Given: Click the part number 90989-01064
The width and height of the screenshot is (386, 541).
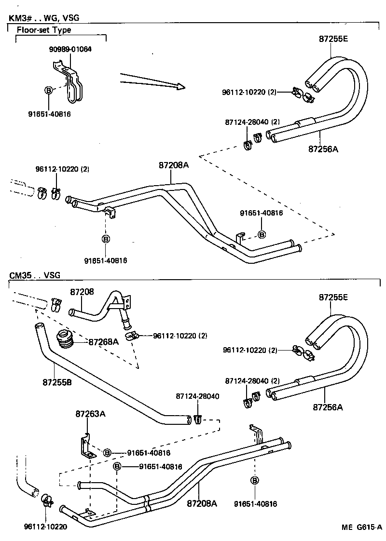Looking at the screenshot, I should tap(70, 49).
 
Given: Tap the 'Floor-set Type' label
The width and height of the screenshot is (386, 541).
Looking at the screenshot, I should tap(44, 30).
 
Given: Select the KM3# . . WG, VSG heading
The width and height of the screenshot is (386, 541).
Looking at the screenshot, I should tap(44, 18).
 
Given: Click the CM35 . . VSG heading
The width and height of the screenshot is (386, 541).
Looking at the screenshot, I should tap(35, 275).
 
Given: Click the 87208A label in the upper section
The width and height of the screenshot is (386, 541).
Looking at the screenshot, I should tap(173, 165).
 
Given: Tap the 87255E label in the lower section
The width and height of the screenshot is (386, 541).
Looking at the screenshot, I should tap(333, 298).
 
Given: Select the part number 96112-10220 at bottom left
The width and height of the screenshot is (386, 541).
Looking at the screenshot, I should tap(45, 527).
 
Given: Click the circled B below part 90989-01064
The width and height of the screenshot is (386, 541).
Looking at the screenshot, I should tap(48, 90).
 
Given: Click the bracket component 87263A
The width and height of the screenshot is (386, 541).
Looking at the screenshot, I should tap(86, 446).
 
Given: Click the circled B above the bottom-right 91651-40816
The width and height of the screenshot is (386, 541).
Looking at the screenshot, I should tap(254, 480).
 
